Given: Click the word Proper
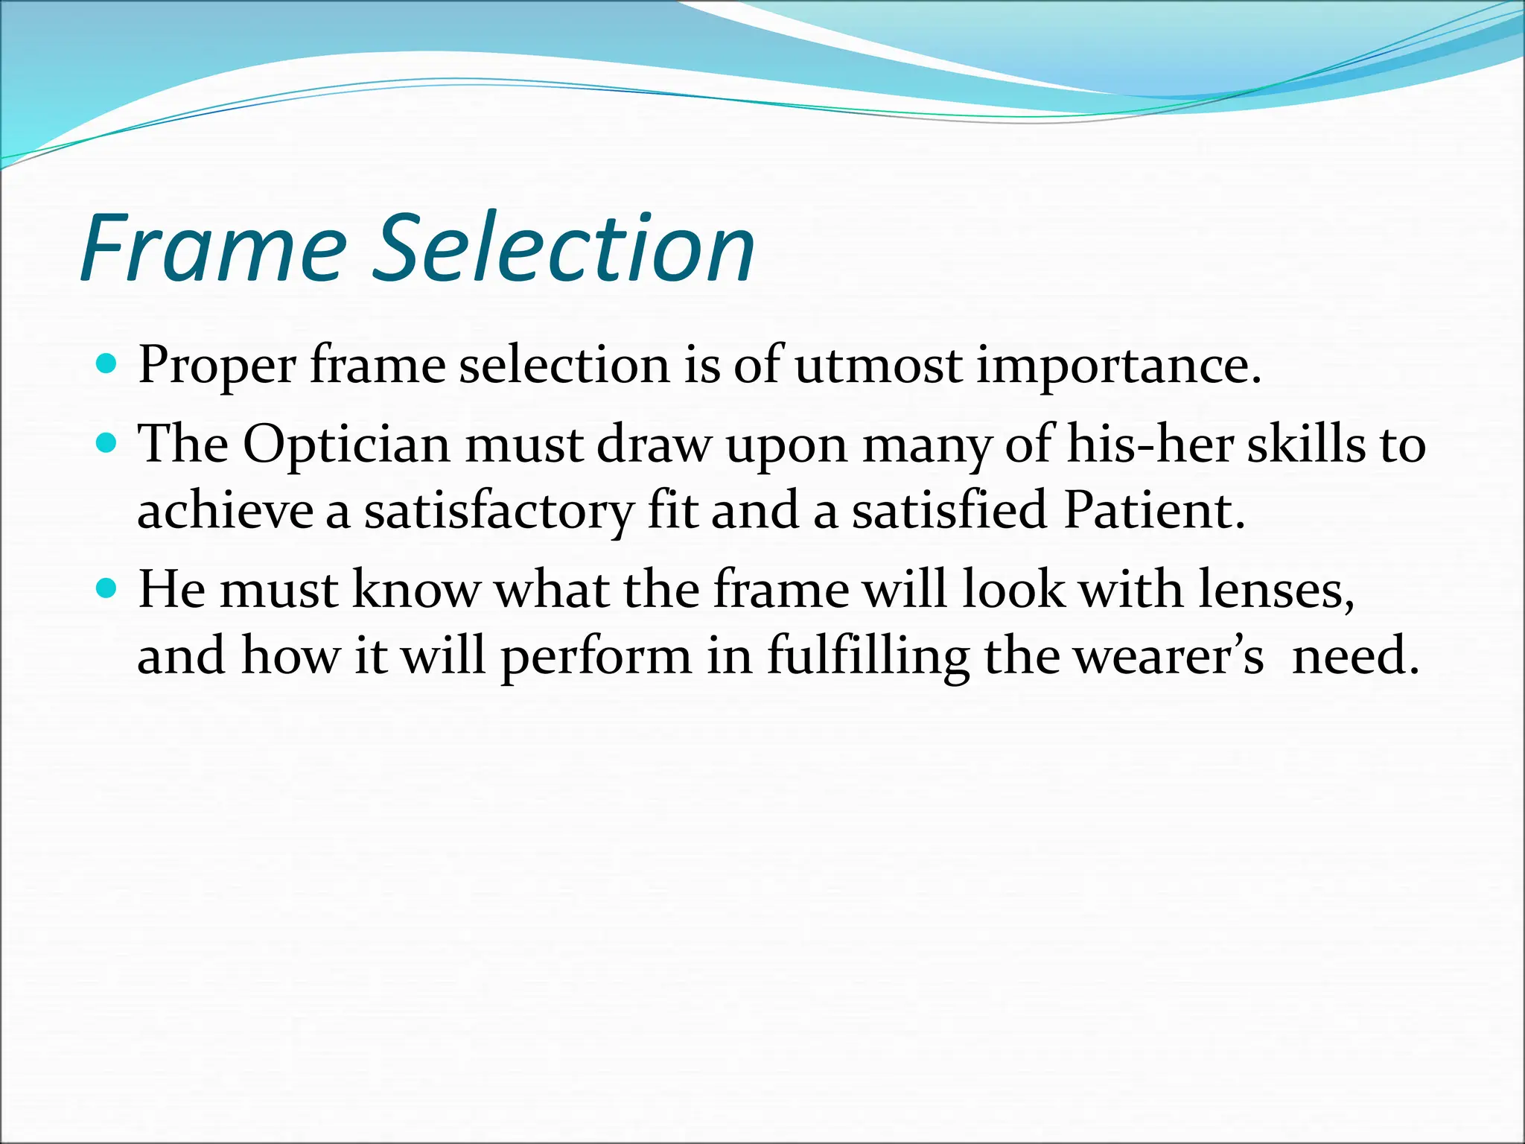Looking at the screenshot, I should [x=217, y=366].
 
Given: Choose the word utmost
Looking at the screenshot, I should [x=878, y=366].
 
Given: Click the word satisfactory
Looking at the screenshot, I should [x=498, y=512].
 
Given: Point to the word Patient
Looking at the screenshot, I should [x=1154, y=511].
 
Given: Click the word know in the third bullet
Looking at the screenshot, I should [x=416, y=590].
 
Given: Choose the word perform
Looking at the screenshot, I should [x=596, y=657].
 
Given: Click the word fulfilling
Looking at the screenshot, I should [x=868, y=657].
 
